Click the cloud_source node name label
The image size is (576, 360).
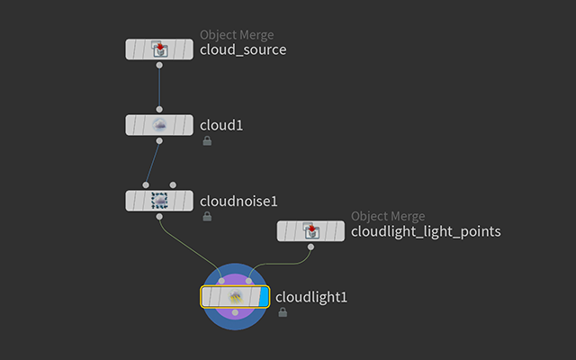[242, 49]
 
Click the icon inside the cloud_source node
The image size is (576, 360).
[159, 49]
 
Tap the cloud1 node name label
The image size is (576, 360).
[221, 125]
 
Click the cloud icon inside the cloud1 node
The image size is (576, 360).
[159, 125]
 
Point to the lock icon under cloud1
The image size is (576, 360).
[207, 141]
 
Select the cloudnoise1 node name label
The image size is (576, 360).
[238, 201]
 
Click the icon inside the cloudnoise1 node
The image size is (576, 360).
[159, 201]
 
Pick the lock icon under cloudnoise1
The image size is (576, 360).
[207, 217]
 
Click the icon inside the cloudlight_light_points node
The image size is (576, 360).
[310, 231]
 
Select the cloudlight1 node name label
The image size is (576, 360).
[310, 296]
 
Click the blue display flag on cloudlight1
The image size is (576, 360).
[261, 297]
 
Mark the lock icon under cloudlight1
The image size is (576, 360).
[283, 312]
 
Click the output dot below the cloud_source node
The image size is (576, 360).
[159, 66]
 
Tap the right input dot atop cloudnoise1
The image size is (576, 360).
[173, 184]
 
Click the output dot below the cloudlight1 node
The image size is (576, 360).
[235, 312]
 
